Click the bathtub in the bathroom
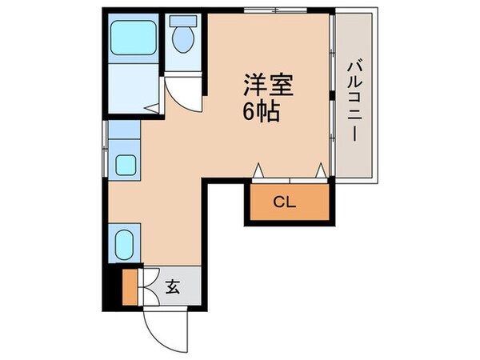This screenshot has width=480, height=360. click(x=133, y=38)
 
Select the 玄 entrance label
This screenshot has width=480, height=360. click(x=172, y=286)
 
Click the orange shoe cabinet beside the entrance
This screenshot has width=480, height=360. click(x=130, y=288)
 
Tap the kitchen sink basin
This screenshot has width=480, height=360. click(x=126, y=165)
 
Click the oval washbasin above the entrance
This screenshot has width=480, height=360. click(x=125, y=243)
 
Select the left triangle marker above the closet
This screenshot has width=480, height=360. click(x=258, y=170)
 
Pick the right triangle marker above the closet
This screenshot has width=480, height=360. click(x=320, y=170)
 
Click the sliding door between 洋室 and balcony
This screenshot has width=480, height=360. click(x=330, y=96)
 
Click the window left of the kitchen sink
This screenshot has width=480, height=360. click(x=104, y=149)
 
